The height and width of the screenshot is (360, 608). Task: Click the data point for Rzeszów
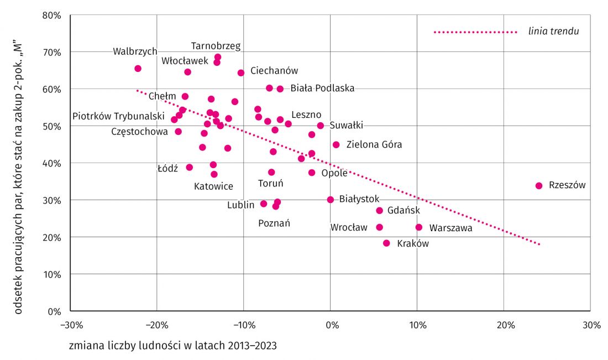(x=538, y=186)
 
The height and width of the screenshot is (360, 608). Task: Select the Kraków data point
(x=386, y=243)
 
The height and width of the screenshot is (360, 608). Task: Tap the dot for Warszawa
(x=419, y=227)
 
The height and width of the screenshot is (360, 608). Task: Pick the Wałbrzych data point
(x=138, y=69)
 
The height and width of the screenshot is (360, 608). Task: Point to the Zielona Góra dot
(x=336, y=145)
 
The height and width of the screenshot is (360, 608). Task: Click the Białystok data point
(x=331, y=200)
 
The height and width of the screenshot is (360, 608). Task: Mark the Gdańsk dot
(x=379, y=211)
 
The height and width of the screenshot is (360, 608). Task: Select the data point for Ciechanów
(x=241, y=73)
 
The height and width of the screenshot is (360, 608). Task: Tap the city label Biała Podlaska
(x=322, y=88)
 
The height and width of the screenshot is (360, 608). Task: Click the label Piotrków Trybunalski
(x=118, y=116)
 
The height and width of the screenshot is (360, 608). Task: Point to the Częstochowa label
(x=139, y=132)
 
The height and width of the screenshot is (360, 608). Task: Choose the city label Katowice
(x=214, y=186)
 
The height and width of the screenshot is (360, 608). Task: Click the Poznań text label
(x=274, y=223)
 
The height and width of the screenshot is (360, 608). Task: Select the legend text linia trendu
(x=553, y=32)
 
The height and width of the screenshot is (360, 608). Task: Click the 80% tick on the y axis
(x=52, y=15)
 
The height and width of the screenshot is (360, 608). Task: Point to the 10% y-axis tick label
(x=52, y=275)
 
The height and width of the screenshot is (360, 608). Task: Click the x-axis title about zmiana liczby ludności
(x=173, y=346)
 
